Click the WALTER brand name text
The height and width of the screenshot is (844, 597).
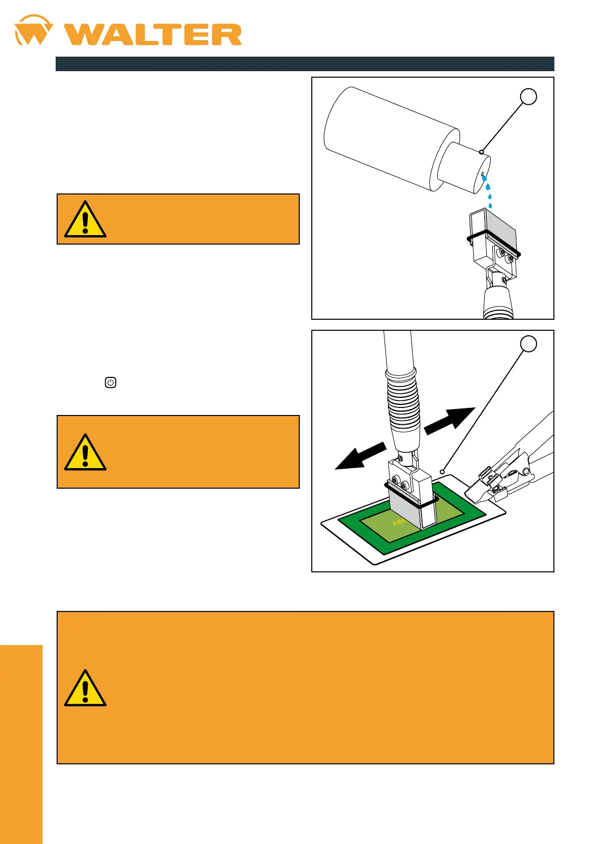click(153, 35)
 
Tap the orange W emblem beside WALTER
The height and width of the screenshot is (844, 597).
click(33, 31)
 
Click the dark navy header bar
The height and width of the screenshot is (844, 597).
click(304, 64)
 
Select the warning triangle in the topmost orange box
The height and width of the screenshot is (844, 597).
click(85, 220)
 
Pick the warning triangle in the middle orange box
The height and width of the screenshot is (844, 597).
click(85, 453)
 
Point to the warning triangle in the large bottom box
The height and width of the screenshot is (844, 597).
click(85, 688)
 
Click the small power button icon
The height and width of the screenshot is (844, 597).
click(111, 382)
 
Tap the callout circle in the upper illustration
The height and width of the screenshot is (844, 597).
click(528, 97)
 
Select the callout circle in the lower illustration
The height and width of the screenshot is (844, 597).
click(528, 344)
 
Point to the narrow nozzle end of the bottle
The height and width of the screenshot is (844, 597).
click(464, 168)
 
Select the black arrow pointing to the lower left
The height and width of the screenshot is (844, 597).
click(360, 456)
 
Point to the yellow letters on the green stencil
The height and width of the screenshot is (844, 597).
click(399, 522)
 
